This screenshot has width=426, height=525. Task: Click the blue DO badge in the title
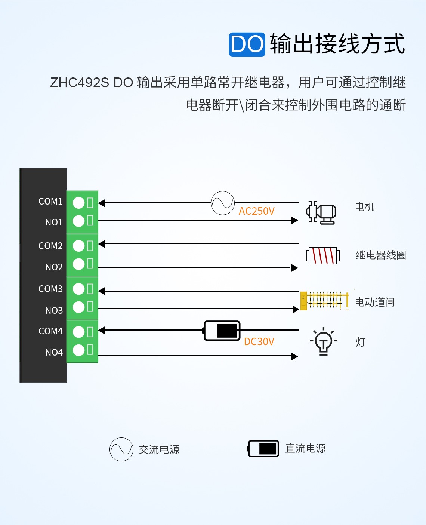[x=247, y=44]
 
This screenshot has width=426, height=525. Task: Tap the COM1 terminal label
[x=50, y=201]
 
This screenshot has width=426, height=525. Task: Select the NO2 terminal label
[x=54, y=267]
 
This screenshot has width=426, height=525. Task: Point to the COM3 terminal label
[x=50, y=289]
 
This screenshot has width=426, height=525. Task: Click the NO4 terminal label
[x=54, y=352]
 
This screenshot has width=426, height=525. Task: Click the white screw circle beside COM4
[x=78, y=332]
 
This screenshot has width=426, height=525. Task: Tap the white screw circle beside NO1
[x=78, y=221]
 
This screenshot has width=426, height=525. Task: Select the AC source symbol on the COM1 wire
[x=223, y=203]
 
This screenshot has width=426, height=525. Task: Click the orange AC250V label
[x=256, y=211]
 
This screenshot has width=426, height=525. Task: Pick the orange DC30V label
[x=259, y=341]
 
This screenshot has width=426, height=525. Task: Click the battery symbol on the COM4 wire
[x=222, y=331]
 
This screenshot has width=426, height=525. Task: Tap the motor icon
[x=321, y=213]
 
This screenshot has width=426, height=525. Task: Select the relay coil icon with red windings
[x=323, y=256]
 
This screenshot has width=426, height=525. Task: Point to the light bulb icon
[x=324, y=341]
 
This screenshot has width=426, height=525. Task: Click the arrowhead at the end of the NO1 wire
[x=294, y=221]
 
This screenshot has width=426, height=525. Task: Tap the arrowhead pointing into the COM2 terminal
[x=102, y=244]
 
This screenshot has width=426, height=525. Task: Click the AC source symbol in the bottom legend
[x=121, y=449]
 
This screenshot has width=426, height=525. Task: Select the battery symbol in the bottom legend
[x=263, y=449]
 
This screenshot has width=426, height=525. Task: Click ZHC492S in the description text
[x=79, y=82]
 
